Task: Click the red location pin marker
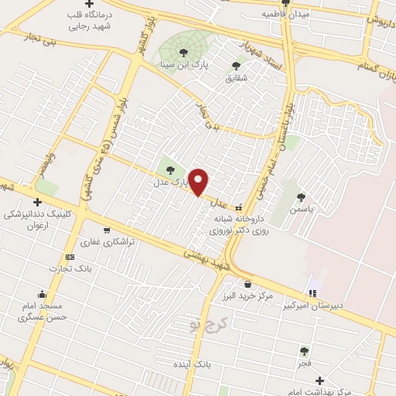click(x=200, y=183)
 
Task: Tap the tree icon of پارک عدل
click(x=171, y=170)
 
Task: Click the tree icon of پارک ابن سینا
click(x=183, y=53)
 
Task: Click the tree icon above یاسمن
click(x=301, y=197)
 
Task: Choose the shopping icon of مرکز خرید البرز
click(x=247, y=284)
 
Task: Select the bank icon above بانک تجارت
click(x=70, y=257)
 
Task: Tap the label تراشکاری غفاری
click(x=109, y=242)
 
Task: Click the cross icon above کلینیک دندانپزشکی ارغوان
click(x=37, y=202)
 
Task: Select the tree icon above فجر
click(x=303, y=350)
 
